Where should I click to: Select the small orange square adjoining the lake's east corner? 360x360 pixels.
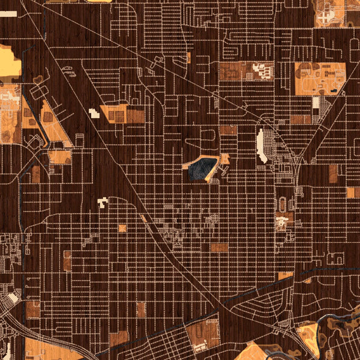click(x=225, y=159)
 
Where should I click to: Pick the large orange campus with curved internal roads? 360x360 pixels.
click(x=319, y=78)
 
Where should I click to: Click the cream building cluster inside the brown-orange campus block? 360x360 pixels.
click(x=262, y=71)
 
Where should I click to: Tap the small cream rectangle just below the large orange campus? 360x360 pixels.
click(x=316, y=102)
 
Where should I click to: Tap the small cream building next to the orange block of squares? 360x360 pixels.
click(x=93, y=112)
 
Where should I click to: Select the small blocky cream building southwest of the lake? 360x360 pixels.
click(x=102, y=202)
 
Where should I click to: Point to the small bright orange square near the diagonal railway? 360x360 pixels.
click(x=122, y=228)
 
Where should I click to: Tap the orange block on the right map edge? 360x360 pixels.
click(x=350, y=193)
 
